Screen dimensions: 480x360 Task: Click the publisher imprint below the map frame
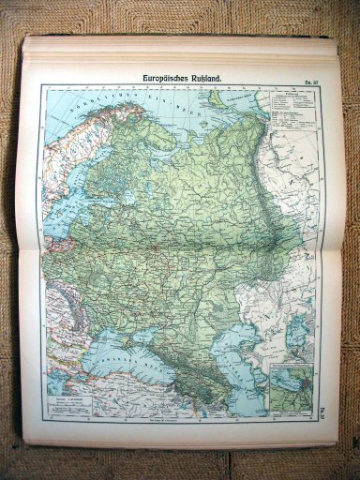pos(177,422)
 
